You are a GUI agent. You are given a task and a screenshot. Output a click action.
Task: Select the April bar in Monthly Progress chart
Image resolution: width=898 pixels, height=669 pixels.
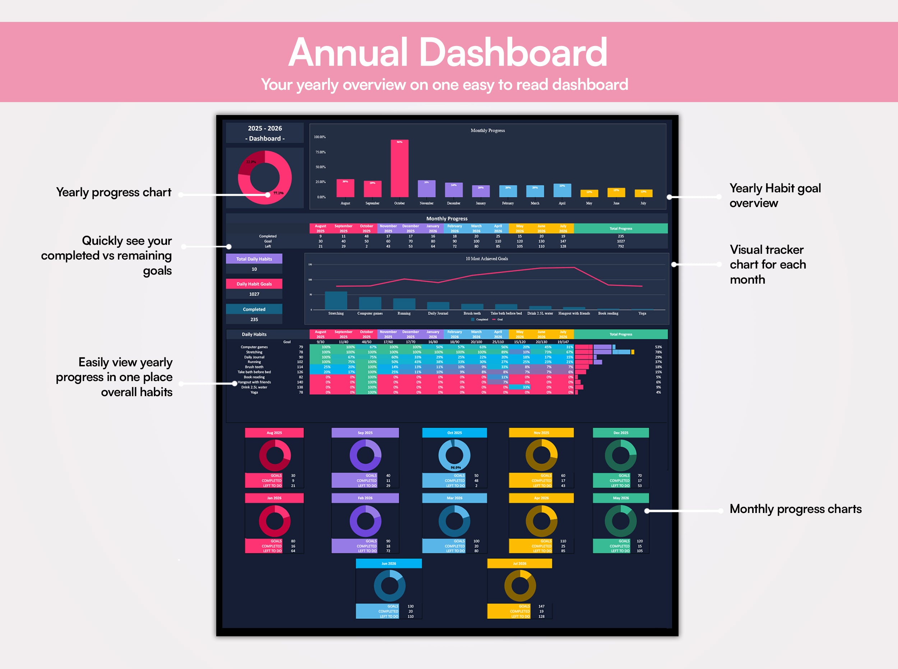click(562, 190)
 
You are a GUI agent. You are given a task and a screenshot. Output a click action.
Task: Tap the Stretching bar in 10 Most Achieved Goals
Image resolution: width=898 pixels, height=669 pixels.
click(336, 301)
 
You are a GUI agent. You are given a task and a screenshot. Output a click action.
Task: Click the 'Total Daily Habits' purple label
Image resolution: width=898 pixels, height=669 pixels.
click(254, 259)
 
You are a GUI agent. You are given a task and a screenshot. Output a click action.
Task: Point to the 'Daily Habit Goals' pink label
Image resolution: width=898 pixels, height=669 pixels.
click(254, 284)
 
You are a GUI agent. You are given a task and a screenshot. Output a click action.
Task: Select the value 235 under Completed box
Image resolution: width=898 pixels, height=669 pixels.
click(254, 320)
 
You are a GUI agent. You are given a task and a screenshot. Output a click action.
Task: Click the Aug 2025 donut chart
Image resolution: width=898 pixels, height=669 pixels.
click(275, 455)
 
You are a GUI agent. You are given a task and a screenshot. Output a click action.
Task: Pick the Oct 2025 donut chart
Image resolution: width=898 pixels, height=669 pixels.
click(454, 455)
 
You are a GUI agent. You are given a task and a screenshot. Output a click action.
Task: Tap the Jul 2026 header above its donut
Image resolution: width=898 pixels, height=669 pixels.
click(520, 563)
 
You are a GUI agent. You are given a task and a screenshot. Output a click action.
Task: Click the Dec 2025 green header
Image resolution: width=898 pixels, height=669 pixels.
click(620, 433)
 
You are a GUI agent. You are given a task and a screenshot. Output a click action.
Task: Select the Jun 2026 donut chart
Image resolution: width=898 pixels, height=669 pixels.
click(389, 586)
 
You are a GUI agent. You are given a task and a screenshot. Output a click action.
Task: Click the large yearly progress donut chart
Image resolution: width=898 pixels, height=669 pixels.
click(265, 177)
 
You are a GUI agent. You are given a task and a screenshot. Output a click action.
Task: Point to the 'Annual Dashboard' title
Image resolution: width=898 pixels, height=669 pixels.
click(448, 52)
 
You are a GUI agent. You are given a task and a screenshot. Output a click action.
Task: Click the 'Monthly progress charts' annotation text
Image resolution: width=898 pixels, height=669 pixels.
click(795, 509)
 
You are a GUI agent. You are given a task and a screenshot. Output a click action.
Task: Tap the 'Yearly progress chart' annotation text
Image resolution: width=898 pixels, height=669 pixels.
click(114, 192)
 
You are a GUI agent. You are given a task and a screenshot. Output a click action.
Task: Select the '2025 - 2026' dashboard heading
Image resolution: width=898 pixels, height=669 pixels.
click(265, 128)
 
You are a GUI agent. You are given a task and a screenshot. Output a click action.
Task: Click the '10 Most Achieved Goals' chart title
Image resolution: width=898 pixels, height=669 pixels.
click(486, 259)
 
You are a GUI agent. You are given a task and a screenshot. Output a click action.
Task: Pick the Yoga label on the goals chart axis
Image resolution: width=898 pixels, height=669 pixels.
click(642, 313)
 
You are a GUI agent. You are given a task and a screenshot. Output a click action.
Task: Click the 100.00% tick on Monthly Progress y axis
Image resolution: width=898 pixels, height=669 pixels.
click(320, 137)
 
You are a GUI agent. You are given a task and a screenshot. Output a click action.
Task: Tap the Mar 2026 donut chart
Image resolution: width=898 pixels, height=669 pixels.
click(454, 521)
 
